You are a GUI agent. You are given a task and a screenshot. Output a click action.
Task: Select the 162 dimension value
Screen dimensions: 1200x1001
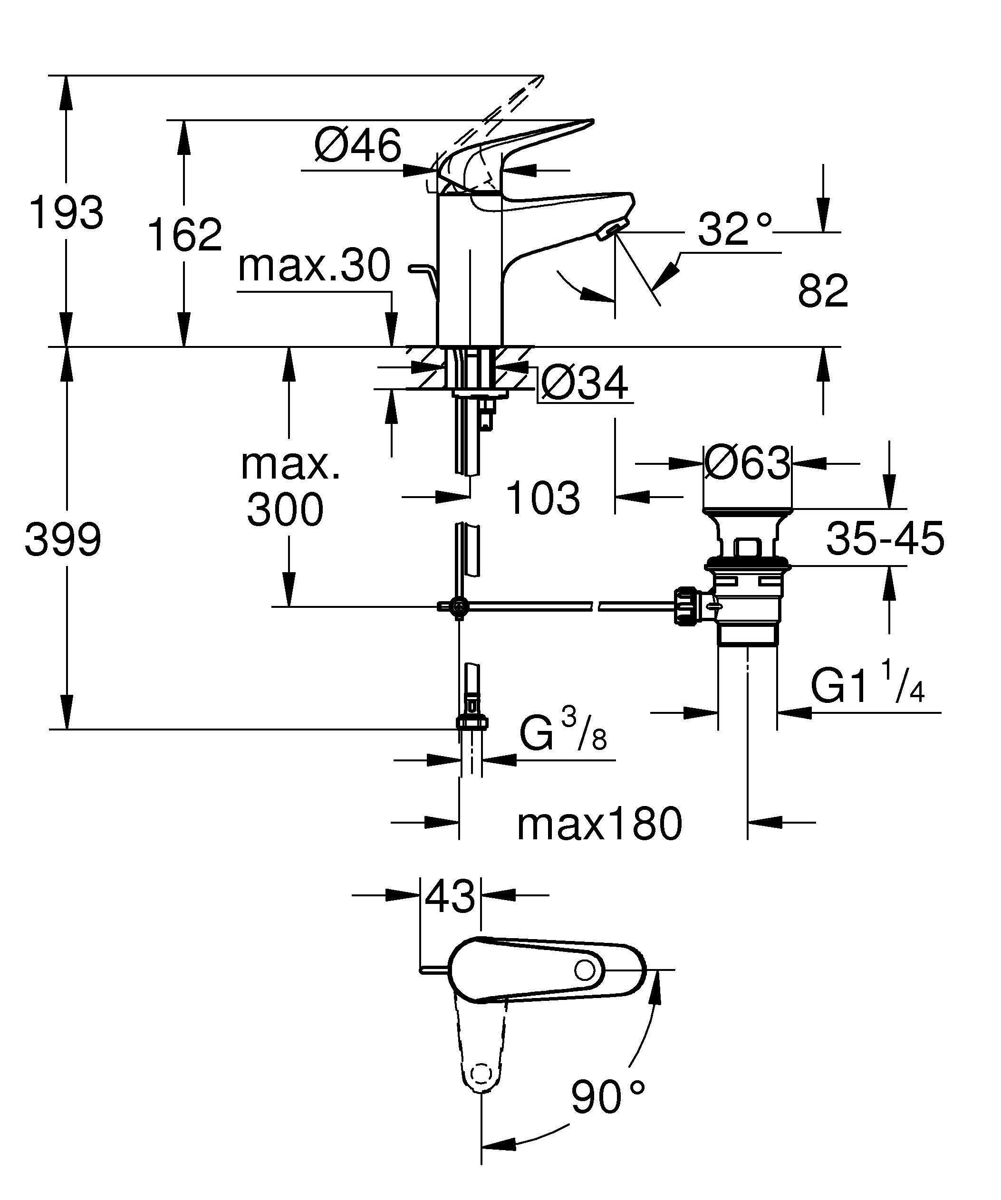click(x=184, y=234)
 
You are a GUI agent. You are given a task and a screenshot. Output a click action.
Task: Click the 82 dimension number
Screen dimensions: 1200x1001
click(x=823, y=291)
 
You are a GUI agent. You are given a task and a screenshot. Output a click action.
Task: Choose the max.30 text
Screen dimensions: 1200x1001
click(x=314, y=265)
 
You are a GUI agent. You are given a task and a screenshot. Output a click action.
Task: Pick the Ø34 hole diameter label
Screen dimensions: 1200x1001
click(x=584, y=384)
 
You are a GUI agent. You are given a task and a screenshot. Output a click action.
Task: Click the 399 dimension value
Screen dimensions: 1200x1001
click(x=63, y=539)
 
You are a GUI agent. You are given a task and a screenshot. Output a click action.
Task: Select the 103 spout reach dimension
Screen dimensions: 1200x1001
click(x=543, y=497)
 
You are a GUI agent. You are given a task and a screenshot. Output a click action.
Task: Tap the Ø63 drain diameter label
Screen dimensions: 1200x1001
click(x=747, y=463)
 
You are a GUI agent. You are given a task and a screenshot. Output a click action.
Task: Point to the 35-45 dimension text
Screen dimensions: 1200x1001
click(x=885, y=538)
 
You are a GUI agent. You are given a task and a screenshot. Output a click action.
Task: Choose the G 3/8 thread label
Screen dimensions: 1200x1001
click(x=563, y=733)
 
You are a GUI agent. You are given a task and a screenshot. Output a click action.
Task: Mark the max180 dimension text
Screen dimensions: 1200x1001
click(x=599, y=824)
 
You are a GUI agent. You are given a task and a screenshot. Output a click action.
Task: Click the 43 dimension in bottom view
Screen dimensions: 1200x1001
click(x=450, y=895)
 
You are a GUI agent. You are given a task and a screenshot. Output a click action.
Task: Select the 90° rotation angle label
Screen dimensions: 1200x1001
click(x=607, y=1095)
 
